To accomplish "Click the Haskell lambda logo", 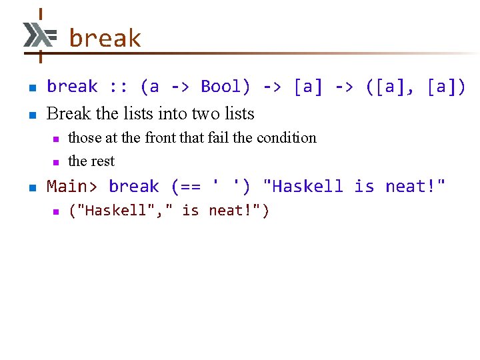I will tap(39, 34).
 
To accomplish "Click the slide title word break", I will tap(105, 39).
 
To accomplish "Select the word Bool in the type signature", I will tap(225, 87).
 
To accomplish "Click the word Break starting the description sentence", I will tap(69, 113).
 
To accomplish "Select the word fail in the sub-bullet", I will tap(217, 138).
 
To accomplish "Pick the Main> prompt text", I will tap(72, 187).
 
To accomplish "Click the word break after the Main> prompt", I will tap(134, 187).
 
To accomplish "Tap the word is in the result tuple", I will tap(190, 211).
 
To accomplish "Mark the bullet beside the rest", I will tap(56, 162).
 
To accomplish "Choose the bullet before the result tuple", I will tap(56, 211).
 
